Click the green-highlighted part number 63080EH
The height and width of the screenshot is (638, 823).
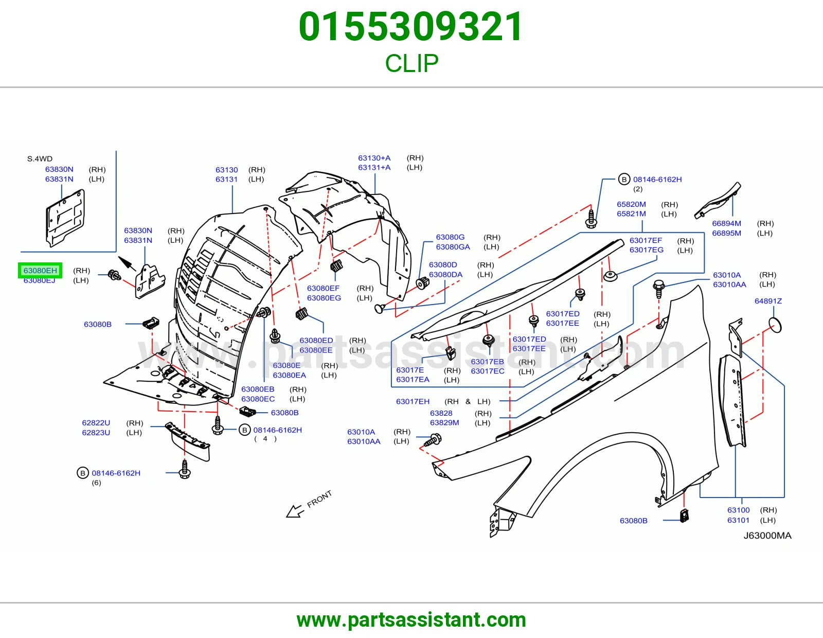pos(40,271)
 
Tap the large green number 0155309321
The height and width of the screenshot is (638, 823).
pos(411,27)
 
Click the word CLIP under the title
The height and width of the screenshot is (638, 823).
pos(411,63)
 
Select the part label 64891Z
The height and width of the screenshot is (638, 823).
pos(768,301)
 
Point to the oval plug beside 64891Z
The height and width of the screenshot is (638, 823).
pos(775,326)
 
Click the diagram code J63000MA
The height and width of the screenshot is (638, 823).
pos(767,535)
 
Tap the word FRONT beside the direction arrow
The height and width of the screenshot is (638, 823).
pos(319,499)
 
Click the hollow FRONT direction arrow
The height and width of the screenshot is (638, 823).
pos(295,511)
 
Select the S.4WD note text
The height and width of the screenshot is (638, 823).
pos(40,159)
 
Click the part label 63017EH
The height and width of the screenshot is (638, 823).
pos(413,401)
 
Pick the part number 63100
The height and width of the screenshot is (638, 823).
pos(738,510)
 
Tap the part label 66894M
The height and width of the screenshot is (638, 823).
pos(726,223)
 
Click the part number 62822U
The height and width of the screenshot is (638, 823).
pos(96,423)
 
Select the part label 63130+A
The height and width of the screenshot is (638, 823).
pos(374,158)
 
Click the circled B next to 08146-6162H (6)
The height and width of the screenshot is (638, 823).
pos(83,473)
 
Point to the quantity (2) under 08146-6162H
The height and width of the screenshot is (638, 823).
pos(638,189)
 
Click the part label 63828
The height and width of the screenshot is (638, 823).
pos(441,413)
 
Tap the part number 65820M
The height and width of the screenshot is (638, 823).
pos(631,204)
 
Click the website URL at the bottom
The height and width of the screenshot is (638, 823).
pos(411,621)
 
